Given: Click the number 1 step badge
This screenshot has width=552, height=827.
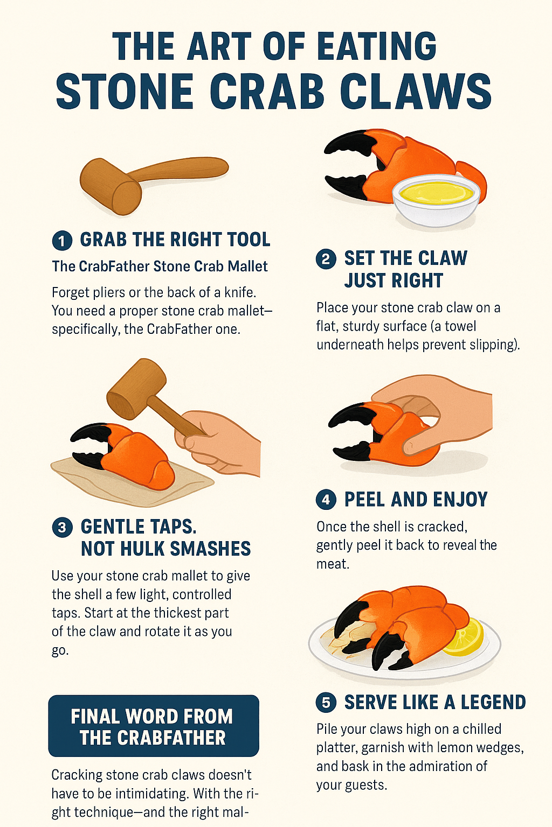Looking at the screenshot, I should point(62,240).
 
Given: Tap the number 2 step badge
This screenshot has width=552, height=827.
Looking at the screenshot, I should point(326,259).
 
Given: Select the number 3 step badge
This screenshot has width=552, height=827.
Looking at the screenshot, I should point(62,527).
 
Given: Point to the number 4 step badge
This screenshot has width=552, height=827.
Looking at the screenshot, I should point(326,500).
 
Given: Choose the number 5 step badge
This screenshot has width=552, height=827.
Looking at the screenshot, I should point(326,703).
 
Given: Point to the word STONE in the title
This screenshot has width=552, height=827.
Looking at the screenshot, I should point(125,92).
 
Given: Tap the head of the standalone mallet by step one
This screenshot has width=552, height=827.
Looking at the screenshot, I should point(111,186).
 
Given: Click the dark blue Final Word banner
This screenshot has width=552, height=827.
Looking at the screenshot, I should point(154,726).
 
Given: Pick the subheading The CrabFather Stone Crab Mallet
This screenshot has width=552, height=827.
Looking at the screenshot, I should point(160,267).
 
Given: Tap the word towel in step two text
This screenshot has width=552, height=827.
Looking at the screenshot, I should point(460,326).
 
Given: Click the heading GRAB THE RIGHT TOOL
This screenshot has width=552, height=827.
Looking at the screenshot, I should point(175,240).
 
